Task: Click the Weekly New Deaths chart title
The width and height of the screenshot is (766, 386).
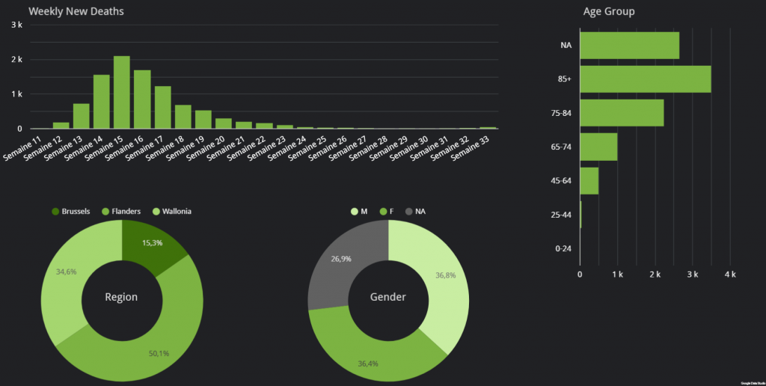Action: tap(76, 12)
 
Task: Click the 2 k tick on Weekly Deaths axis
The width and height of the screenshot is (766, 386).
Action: tap(16, 59)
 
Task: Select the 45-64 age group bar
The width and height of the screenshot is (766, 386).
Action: tap(589, 180)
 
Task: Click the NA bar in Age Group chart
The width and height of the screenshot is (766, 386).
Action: tap(629, 45)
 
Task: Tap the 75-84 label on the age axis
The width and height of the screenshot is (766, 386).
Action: tap(560, 113)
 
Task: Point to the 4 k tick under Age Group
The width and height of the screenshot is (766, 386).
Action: tap(730, 275)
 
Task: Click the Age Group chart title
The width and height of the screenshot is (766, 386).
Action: tap(609, 12)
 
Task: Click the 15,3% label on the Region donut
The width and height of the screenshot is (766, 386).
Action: tap(153, 243)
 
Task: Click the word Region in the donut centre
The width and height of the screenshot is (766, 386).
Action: tap(121, 297)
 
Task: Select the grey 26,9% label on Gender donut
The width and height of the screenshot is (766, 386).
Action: tap(341, 259)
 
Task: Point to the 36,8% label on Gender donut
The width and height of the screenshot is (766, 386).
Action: tap(446, 275)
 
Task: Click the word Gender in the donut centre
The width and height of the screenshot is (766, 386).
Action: tap(388, 297)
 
